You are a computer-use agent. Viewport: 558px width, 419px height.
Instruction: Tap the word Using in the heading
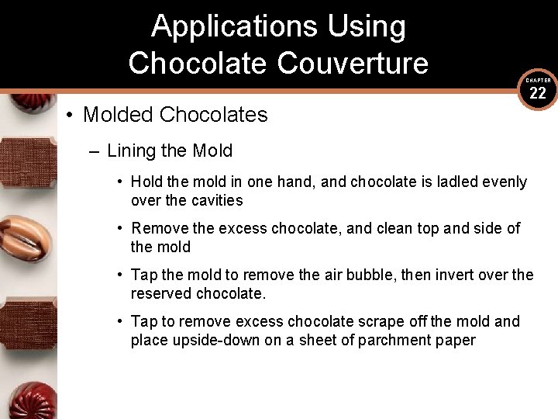click(x=367, y=27)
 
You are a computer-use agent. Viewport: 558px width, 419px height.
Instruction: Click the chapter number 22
click(x=538, y=94)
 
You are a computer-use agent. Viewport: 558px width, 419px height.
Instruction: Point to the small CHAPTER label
click(x=538, y=80)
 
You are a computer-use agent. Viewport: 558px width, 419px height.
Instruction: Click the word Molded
click(x=118, y=115)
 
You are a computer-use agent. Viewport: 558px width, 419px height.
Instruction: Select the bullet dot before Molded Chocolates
click(x=70, y=116)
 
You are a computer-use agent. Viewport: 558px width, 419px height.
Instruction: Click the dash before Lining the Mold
click(x=94, y=151)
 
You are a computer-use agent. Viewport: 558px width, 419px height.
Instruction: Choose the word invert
click(x=449, y=275)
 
